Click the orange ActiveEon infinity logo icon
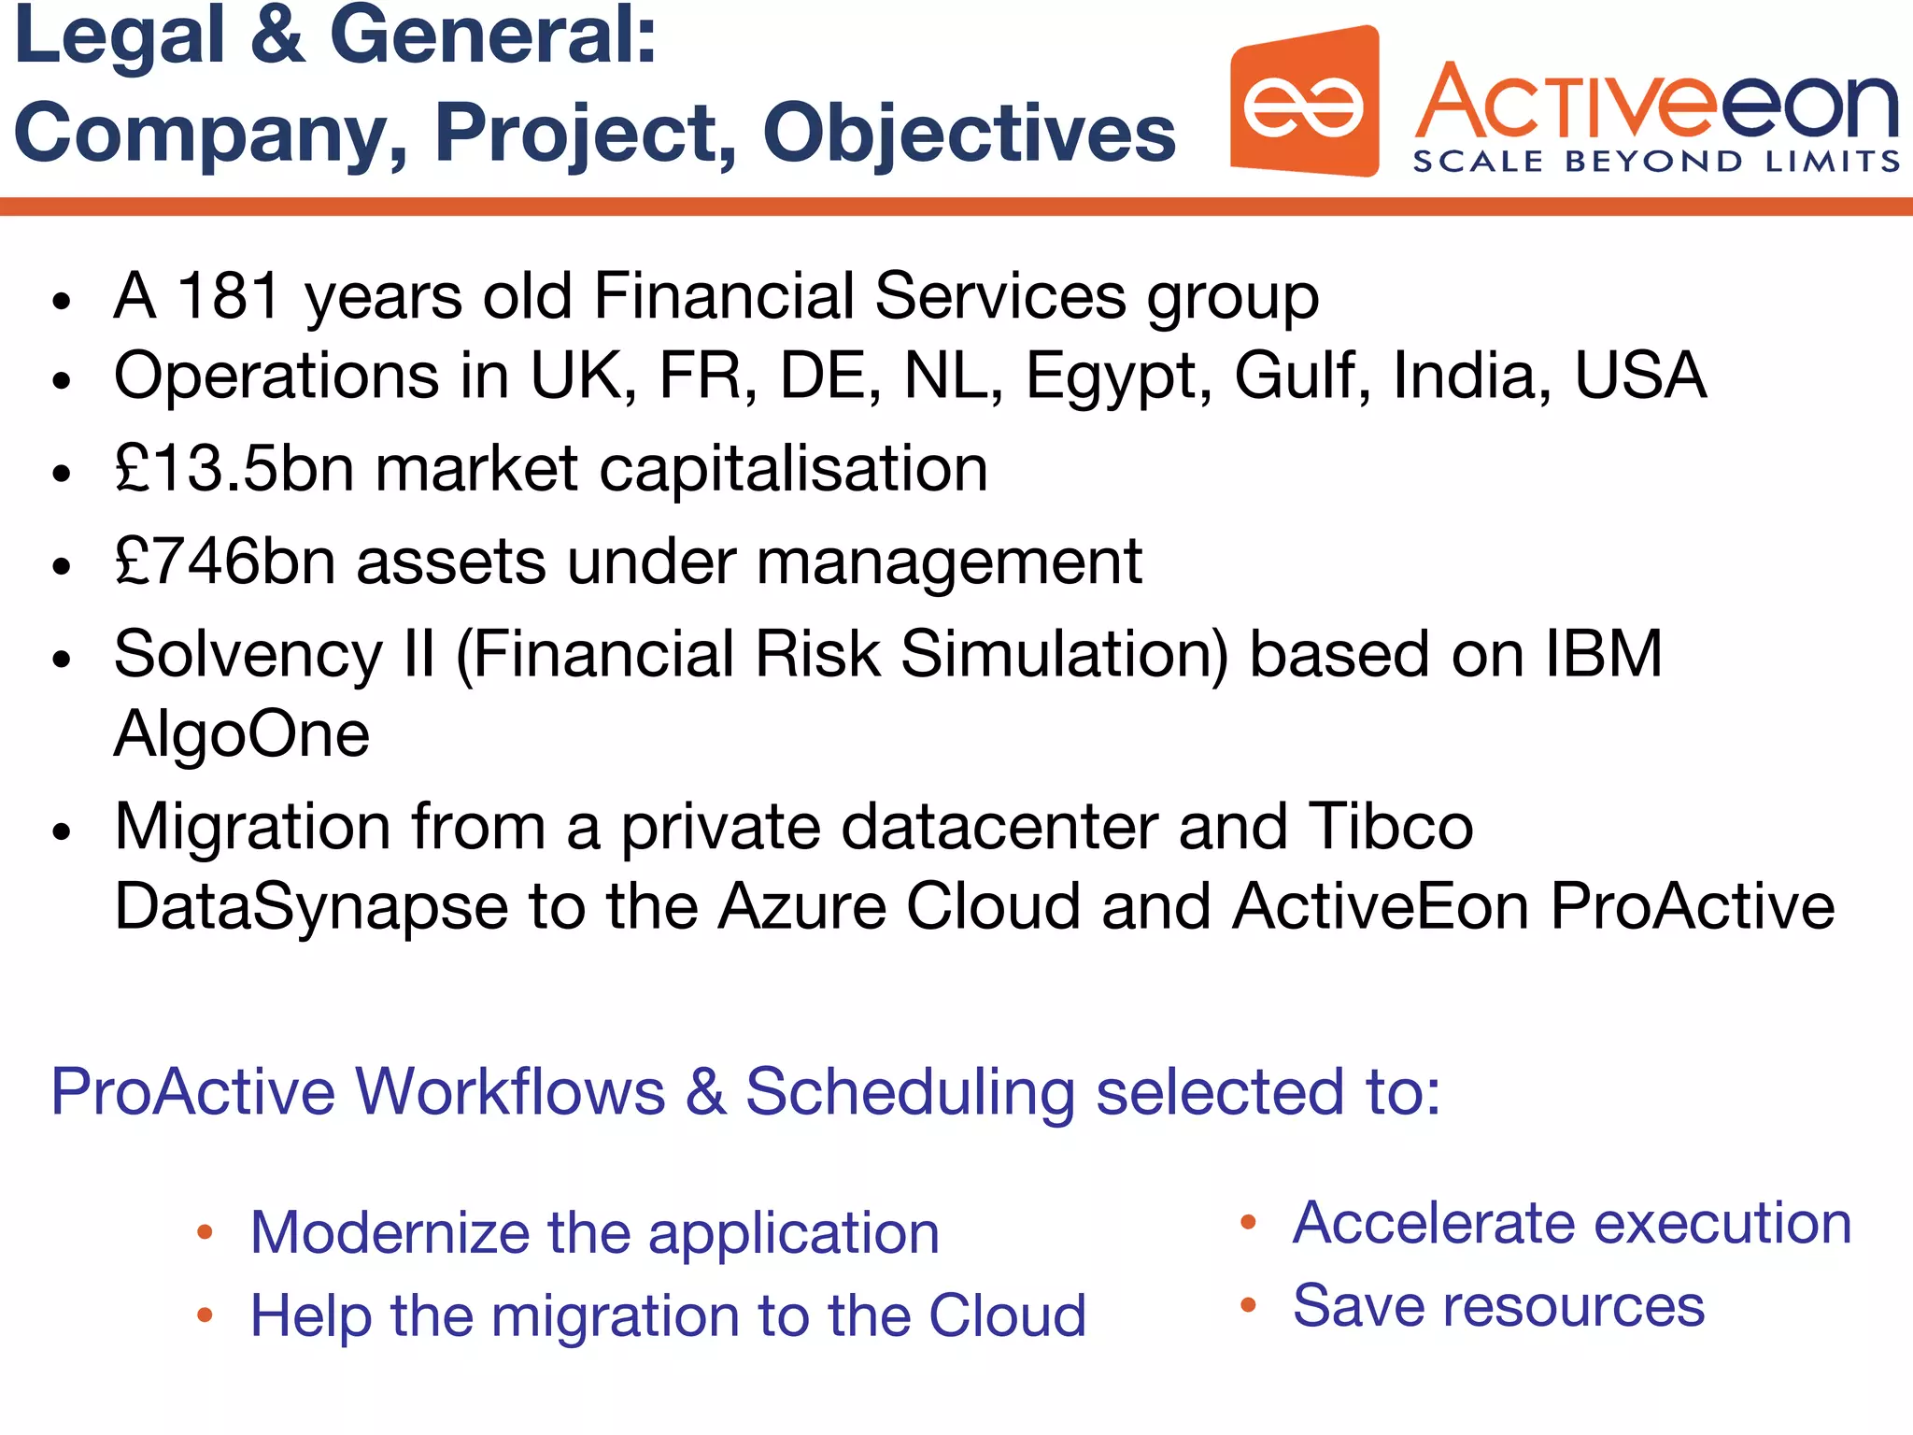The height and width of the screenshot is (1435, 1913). pos(1304,103)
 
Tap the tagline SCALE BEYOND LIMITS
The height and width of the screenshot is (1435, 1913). pos(1655,162)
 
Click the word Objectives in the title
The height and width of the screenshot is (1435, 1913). pos(969,133)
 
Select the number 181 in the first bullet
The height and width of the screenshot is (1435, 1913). pos(229,296)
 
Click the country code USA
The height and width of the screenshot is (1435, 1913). pos(1640,376)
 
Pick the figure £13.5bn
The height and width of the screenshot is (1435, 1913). pos(234,468)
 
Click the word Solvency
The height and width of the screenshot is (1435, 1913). pos(248,654)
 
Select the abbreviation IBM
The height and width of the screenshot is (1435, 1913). pos(1603,653)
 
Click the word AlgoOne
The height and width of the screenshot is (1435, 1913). pos(241,733)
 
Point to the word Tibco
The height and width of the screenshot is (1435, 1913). pos(1390,827)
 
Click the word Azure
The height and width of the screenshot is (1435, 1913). pos(801,906)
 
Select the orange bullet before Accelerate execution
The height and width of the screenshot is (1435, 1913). pos(1248,1222)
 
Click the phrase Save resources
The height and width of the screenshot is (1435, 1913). pos(1498,1305)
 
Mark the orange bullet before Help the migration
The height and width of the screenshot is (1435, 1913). pos(205,1315)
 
